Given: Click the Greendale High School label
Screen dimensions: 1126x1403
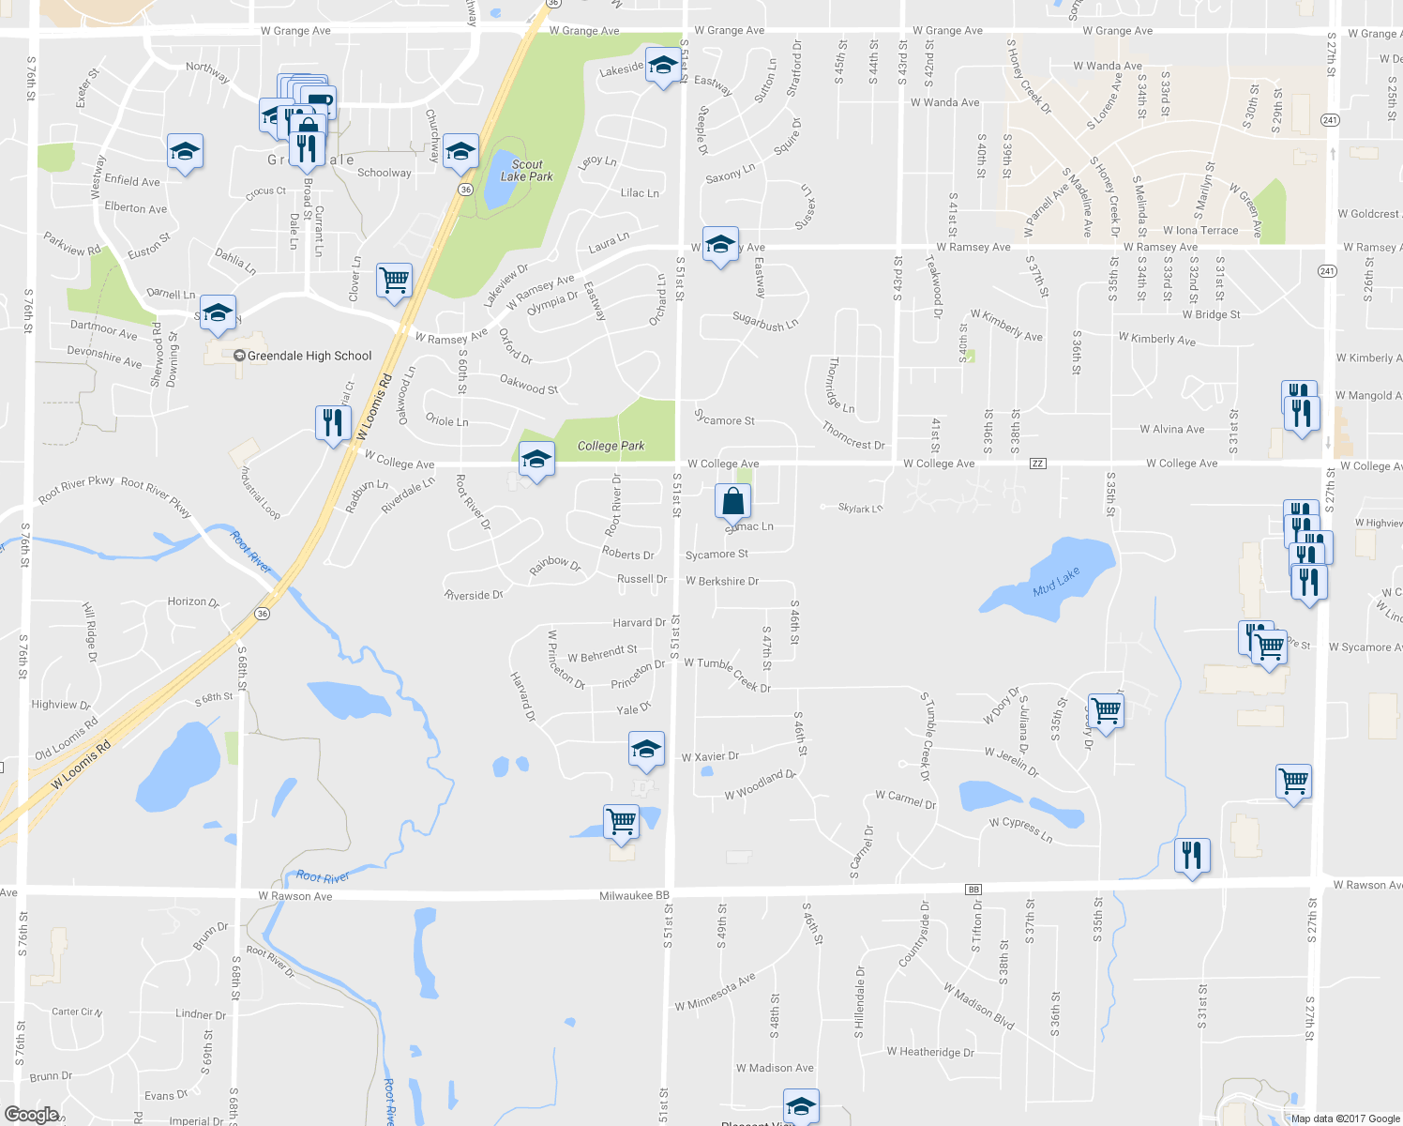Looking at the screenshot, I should (x=309, y=356).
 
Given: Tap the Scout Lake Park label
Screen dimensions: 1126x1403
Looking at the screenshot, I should (x=526, y=170).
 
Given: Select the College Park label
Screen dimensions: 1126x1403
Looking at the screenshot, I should (x=611, y=446).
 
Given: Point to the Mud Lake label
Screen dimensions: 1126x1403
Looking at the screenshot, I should (x=1056, y=582).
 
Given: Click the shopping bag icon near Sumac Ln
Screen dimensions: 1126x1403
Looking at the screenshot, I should (x=732, y=502).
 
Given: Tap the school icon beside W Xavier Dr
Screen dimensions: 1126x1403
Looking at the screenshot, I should (x=646, y=750).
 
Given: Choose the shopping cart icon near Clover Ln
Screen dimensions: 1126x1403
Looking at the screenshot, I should (x=395, y=280).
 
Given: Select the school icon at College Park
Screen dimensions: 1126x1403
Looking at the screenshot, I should (x=536, y=460).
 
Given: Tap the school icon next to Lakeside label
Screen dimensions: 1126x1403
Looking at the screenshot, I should (x=663, y=66).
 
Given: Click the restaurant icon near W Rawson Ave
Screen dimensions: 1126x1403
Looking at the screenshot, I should (x=1191, y=855).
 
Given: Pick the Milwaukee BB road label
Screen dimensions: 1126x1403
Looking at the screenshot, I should (x=635, y=896).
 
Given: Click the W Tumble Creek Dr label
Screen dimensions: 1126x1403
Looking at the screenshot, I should (x=727, y=674).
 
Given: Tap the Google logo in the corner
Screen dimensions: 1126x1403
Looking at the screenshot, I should (x=32, y=1115).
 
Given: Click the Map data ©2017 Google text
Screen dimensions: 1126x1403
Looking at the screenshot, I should (x=1344, y=1118).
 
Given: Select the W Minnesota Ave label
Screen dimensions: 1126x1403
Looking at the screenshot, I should (x=715, y=993).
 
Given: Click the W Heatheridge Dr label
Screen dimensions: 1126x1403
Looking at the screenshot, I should (x=930, y=1052).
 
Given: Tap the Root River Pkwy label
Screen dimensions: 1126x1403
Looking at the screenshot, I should (x=76, y=488).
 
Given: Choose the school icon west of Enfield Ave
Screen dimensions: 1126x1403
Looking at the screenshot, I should (x=185, y=151).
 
